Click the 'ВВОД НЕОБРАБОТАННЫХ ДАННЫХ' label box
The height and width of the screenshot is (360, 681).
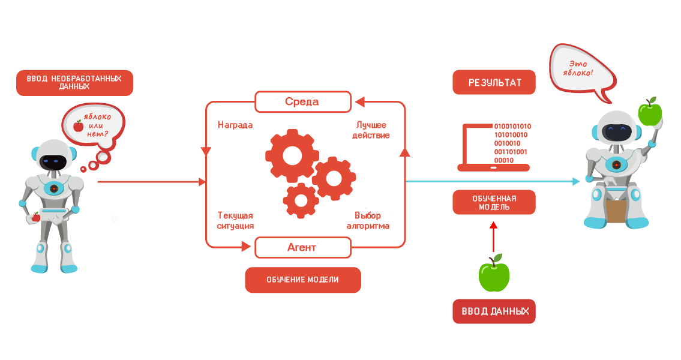coord(74,83)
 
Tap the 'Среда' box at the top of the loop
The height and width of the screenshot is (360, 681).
coord(302,102)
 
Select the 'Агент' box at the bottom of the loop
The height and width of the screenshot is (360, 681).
coord(302,247)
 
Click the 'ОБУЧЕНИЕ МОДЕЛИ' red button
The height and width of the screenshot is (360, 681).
coord(302,280)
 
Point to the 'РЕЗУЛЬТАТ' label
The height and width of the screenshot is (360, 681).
coord(494,83)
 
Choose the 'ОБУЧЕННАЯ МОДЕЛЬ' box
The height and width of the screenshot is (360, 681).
coord(494,202)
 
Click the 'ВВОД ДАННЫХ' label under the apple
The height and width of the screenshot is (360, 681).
coord(494,311)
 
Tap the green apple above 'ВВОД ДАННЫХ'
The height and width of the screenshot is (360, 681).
coord(494,274)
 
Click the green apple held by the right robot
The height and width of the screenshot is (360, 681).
coord(650,112)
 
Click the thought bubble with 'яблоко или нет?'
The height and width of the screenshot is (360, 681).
coord(94,126)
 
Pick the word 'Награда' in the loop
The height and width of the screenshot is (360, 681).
coord(235,125)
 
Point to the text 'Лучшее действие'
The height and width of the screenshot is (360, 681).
coord(372,130)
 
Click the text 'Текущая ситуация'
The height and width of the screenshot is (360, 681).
coord(235,221)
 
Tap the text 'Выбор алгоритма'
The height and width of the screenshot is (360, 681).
coord(368,221)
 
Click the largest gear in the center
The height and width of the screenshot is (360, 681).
coord(292,155)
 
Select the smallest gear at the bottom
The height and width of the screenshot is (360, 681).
coord(301,200)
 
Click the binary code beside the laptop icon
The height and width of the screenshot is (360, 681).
coord(512,143)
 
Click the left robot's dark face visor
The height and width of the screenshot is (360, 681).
coord(52,161)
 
